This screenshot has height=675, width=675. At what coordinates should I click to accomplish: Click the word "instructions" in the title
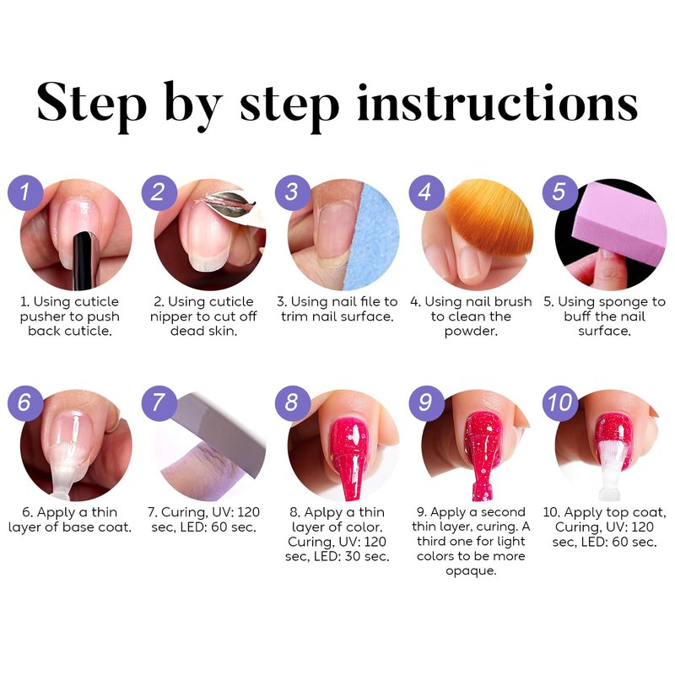pyautogui.click(x=497, y=103)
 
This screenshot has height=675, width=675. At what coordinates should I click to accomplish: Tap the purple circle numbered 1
pyautogui.click(x=25, y=192)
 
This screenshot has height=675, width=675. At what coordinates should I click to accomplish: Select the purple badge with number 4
pyautogui.click(x=426, y=192)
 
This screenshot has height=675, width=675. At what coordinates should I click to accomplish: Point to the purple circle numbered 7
pyautogui.click(x=159, y=403)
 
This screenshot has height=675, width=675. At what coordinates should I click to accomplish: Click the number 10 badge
pyautogui.click(x=559, y=403)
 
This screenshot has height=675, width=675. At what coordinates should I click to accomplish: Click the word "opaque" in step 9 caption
pyautogui.click(x=470, y=572)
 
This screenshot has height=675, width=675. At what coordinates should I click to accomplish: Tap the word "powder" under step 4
pyautogui.click(x=470, y=332)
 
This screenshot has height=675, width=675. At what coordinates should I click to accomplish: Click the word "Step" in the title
pyautogui.click(x=92, y=103)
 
